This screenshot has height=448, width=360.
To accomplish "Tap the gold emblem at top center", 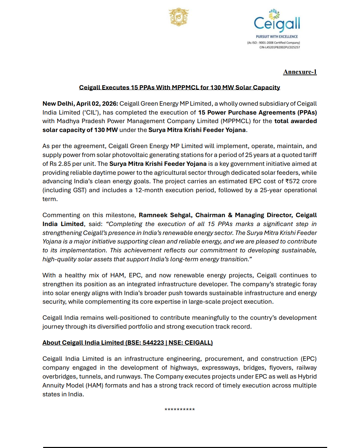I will point(179,17).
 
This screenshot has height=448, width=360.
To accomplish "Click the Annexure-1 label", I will point(300,72).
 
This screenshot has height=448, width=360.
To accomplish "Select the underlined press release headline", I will point(179,88).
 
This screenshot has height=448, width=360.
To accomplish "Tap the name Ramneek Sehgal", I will point(165,215).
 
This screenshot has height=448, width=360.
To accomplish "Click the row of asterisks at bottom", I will point(180,410).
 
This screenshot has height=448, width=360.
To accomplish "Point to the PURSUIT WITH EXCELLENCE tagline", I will point(277,37).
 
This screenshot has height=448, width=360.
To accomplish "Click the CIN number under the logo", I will point(280,47).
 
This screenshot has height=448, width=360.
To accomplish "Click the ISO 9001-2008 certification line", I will point(273,43).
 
